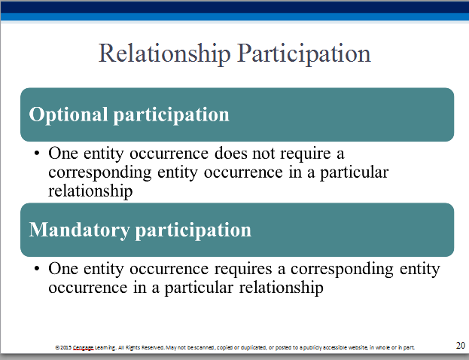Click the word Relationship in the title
(165, 54)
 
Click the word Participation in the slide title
(304, 54)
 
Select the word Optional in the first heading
(69, 115)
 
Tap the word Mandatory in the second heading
(79, 230)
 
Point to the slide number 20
(460, 346)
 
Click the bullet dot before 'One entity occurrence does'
(37, 154)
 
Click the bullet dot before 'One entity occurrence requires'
(37, 268)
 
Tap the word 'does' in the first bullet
(230, 153)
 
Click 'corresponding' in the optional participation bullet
(100, 173)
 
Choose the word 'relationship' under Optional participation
(90, 191)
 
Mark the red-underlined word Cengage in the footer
(84, 348)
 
